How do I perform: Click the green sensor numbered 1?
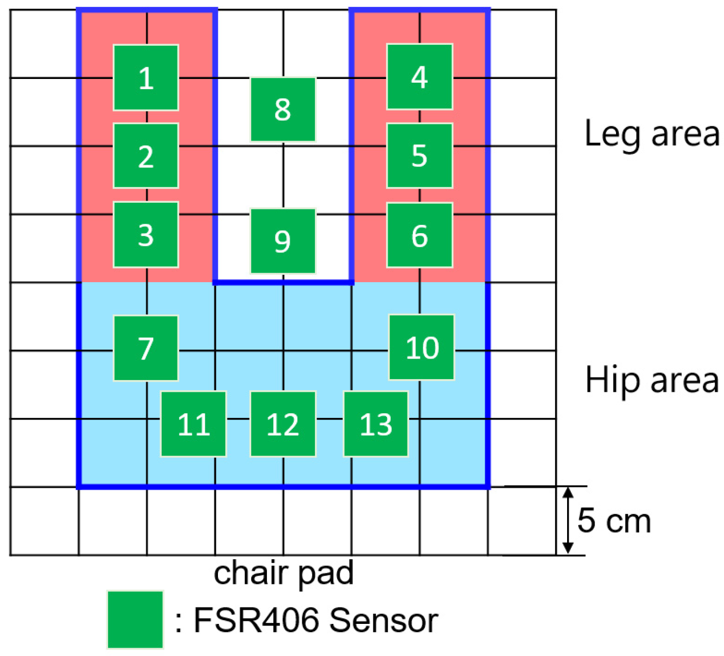pyautogui.click(x=146, y=78)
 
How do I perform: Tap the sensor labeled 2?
pyautogui.click(x=146, y=156)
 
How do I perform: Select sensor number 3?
pyautogui.click(x=146, y=235)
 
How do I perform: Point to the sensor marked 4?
pyautogui.click(x=420, y=77)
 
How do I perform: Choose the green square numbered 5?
pyautogui.click(x=420, y=156)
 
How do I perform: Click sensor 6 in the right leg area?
pyautogui.click(x=420, y=235)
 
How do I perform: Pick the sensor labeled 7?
pyautogui.click(x=146, y=348)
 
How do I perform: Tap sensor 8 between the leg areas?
pyautogui.click(x=283, y=110)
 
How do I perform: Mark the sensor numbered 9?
pyautogui.click(x=283, y=241)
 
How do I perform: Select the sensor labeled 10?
pyautogui.click(x=422, y=347)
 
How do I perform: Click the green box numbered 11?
pyautogui.click(x=194, y=424)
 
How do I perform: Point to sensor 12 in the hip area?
pyautogui.click(x=283, y=424)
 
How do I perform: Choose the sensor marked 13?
pyautogui.click(x=376, y=424)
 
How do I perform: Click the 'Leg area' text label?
pyautogui.click(x=652, y=134)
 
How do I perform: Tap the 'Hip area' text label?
pyautogui.click(x=652, y=380)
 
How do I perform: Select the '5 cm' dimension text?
pyautogui.click(x=614, y=521)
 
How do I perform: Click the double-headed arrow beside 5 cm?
pyautogui.click(x=568, y=520)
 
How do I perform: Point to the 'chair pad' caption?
pyautogui.click(x=283, y=573)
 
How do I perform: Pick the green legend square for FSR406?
pyautogui.click(x=135, y=620)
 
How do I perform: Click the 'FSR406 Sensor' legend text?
pyautogui.click(x=315, y=620)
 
